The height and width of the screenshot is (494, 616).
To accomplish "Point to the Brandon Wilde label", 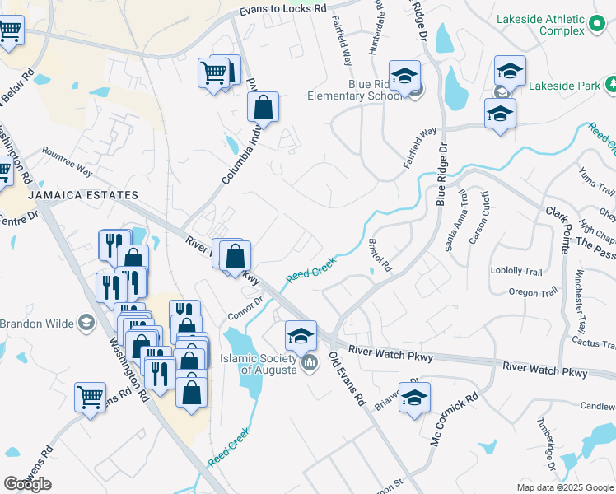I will tap(37, 323).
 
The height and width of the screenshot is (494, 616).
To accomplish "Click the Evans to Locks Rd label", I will tap(283, 9).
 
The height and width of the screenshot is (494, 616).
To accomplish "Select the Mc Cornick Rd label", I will tap(455, 420).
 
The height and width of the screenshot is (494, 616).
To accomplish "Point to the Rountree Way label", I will tap(67, 161).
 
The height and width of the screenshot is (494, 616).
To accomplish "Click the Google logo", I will tap(27, 484).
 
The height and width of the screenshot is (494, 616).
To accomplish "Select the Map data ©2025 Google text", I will tap(565, 487).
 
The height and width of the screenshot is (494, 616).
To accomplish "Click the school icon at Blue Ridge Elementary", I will tap(404, 76).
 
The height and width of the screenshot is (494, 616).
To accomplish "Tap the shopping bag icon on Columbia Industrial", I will tap(263, 107).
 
